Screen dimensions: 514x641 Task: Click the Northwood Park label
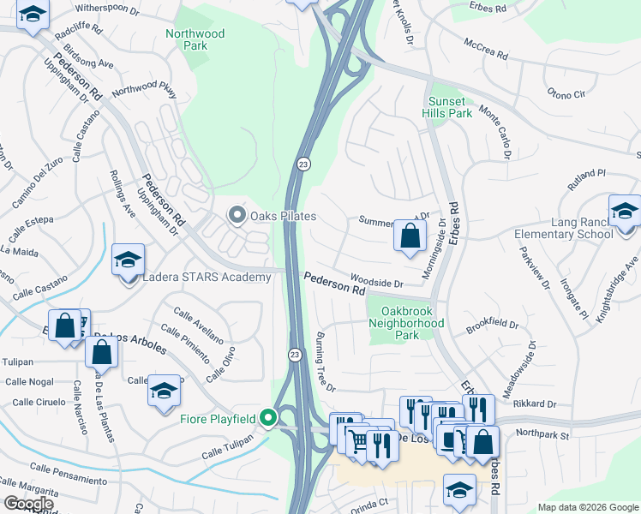(x=195, y=39)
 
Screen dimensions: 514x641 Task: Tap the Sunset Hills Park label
(x=450, y=107)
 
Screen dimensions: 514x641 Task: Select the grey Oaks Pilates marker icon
(x=236, y=215)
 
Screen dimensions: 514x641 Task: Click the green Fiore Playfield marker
(x=267, y=419)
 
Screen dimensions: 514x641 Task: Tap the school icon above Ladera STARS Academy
(x=128, y=260)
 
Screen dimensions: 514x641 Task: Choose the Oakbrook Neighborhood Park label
(x=406, y=317)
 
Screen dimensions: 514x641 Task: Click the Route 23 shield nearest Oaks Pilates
(x=303, y=164)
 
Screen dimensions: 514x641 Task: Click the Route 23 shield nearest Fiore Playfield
(x=294, y=355)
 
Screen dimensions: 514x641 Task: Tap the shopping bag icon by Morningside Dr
(x=410, y=235)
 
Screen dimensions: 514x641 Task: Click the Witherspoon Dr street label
(x=107, y=9)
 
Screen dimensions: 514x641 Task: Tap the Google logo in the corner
(x=29, y=504)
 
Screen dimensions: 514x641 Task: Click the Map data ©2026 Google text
(x=588, y=507)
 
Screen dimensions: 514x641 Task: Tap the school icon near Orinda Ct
(x=460, y=489)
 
